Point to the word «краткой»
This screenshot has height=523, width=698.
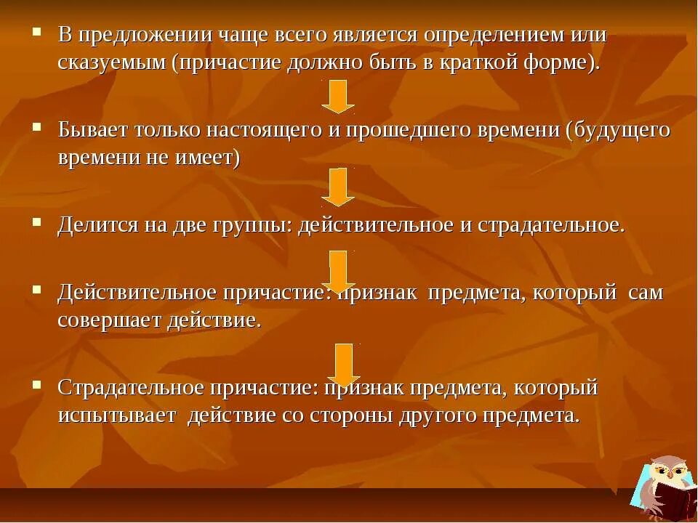[486, 62]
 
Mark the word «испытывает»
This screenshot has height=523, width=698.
[117, 415]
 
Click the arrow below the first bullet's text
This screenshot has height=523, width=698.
[338, 96]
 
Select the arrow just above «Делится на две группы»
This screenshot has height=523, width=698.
[338, 187]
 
